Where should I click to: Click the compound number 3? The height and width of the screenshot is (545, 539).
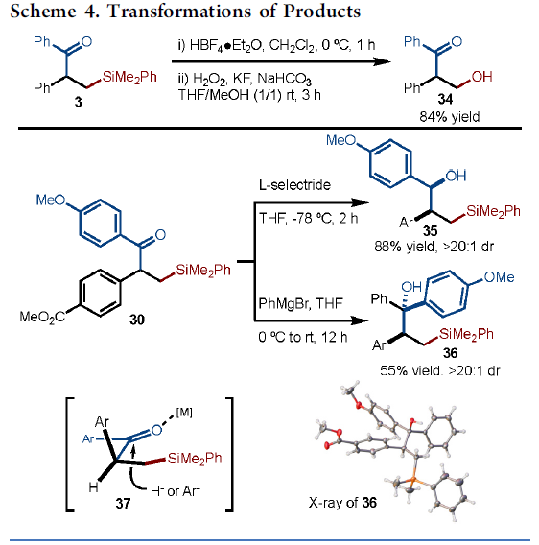point(79,102)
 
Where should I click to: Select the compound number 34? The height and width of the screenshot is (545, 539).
point(445,100)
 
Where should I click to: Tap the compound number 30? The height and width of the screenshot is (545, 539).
point(137,320)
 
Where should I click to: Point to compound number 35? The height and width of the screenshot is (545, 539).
point(431,231)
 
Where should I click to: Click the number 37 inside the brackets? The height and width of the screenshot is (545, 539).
point(123,503)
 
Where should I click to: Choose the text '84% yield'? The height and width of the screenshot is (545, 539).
point(450,117)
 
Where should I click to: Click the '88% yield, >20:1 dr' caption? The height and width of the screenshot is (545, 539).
point(434,247)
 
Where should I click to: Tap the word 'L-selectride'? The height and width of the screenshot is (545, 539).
point(294,185)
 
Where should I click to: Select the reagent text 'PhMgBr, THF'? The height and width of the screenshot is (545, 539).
point(300,303)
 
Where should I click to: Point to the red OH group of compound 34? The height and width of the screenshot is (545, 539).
point(482,77)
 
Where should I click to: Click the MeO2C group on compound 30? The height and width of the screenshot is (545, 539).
point(42,317)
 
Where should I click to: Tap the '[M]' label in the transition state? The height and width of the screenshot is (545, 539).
point(184,413)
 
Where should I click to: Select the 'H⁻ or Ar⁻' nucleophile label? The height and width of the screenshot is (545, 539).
point(176,491)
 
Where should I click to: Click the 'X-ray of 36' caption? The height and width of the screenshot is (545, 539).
point(342,503)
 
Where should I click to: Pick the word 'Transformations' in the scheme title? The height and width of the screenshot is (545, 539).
point(179,12)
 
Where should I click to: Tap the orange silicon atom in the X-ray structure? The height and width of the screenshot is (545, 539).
point(412,481)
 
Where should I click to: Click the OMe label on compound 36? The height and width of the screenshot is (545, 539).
point(499,277)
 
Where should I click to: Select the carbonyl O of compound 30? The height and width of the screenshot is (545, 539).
point(160,235)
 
